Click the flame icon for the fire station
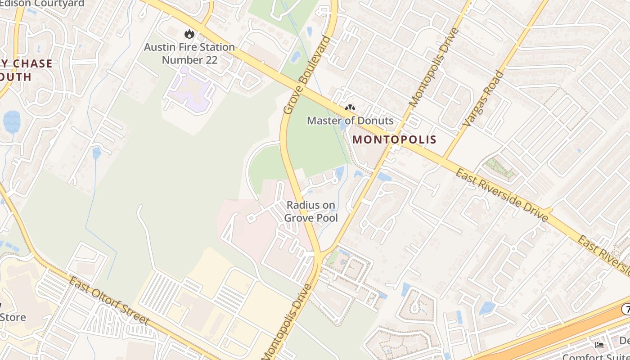[189, 34]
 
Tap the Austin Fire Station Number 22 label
[189, 53]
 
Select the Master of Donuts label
[350, 121]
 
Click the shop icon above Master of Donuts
[350, 108]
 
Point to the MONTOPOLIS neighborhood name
[394, 139]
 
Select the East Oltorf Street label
[108, 301]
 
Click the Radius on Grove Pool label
[311, 211]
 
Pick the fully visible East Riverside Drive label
[502, 195]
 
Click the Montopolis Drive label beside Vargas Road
[434, 67]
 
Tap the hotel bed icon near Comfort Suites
[599, 345]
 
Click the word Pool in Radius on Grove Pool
[326, 218]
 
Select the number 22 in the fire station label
[209, 60]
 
